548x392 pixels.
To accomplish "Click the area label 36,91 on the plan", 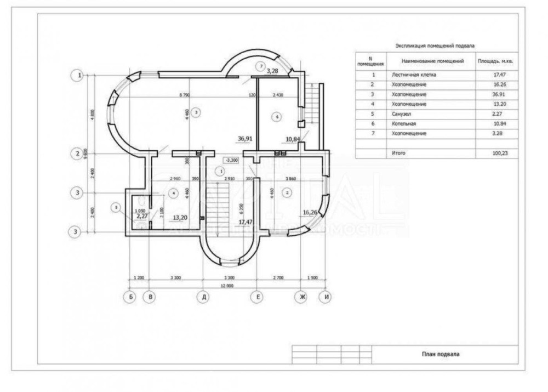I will [245, 139].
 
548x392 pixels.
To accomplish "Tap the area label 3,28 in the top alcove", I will [273, 71].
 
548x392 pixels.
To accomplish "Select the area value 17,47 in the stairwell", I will [245, 222].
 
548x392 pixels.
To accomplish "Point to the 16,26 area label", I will [310, 212].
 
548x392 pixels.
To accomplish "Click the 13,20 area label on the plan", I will [181, 217].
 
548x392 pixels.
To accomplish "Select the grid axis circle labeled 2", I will [77, 154].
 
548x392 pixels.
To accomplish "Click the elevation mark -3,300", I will [232, 160].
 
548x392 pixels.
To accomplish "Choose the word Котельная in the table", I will [404, 123].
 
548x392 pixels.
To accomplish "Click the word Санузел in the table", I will [402, 113].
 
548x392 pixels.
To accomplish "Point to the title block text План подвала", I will [441, 354].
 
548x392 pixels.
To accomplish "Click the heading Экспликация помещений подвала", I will [435, 47].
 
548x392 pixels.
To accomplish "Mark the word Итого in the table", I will [398, 153].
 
